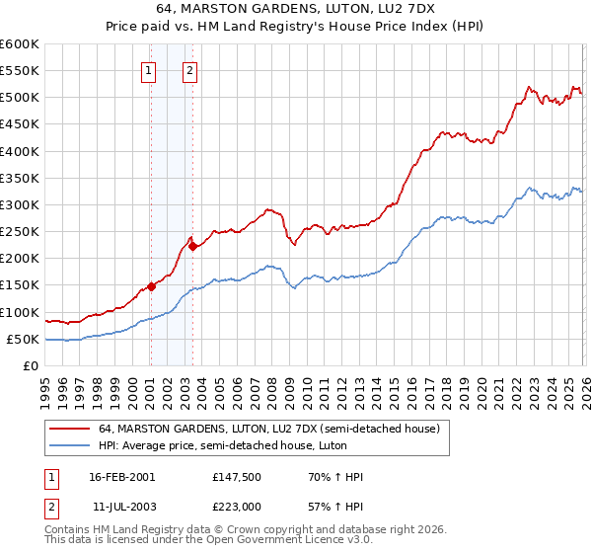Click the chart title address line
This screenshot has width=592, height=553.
coord(295,8)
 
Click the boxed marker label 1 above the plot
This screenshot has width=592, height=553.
coord(148,70)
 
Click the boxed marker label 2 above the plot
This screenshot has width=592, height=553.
coord(189,70)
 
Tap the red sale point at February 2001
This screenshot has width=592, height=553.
coord(151,286)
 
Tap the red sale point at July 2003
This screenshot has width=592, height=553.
coord(192,247)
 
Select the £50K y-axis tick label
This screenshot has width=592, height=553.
coord(23,339)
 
